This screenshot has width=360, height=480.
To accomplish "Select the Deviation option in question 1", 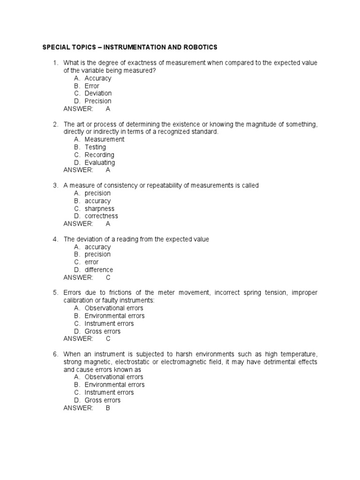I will pos(98,93).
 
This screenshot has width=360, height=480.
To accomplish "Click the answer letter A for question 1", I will pos(108,109).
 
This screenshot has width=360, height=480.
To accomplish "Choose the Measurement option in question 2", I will pos(104,139).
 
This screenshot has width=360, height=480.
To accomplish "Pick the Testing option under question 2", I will pos(95,147).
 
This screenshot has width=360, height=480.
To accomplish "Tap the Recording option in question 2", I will pos(99,155).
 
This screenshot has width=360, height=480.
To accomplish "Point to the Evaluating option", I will pos(99,163).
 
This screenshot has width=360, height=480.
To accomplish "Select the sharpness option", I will pos(99,209).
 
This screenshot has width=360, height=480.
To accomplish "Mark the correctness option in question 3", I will pos(101,216).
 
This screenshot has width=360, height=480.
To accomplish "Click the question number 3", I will pos(55,186).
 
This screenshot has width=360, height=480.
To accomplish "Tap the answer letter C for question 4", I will pos(108,277).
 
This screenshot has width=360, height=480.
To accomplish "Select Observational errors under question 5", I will pos(114,308).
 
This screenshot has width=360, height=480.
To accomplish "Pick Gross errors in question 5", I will pos(102,331).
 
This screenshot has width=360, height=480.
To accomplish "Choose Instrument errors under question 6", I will pos(109,392).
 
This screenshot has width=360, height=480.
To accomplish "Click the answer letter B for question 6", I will pos(108,408).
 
